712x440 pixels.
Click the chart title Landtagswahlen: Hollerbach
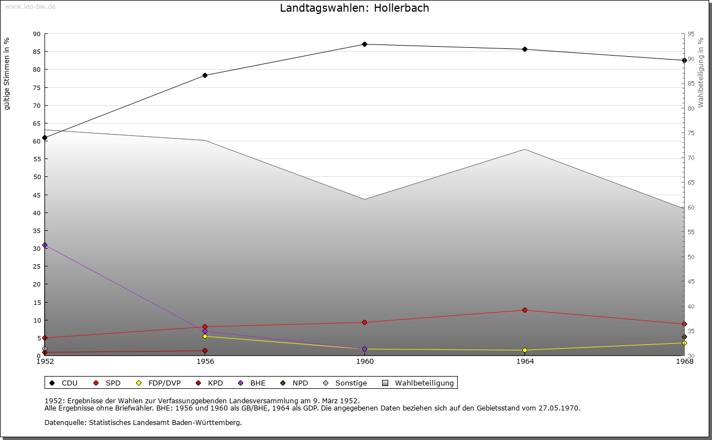click(x=354, y=8)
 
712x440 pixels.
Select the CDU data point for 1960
click(x=364, y=45)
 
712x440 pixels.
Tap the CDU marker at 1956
click(x=205, y=76)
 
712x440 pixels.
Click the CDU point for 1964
click(x=525, y=50)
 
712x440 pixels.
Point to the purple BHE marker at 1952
click(x=44, y=245)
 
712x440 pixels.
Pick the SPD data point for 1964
click(x=525, y=310)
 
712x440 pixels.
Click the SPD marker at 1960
click(x=364, y=323)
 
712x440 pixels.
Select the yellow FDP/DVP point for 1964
click(x=525, y=350)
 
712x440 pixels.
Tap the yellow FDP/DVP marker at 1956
click(x=205, y=337)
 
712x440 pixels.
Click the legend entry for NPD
click(x=295, y=383)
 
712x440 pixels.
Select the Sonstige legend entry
click(x=345, y=383)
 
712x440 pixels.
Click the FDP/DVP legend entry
click(x=159, y=383)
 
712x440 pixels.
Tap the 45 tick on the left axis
click(x=36, y=195)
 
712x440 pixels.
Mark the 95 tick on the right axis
click(x=691, y=34)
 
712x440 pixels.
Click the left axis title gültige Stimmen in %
click(x=7, y=73)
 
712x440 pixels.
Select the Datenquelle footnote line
click(x=143, y=423)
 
